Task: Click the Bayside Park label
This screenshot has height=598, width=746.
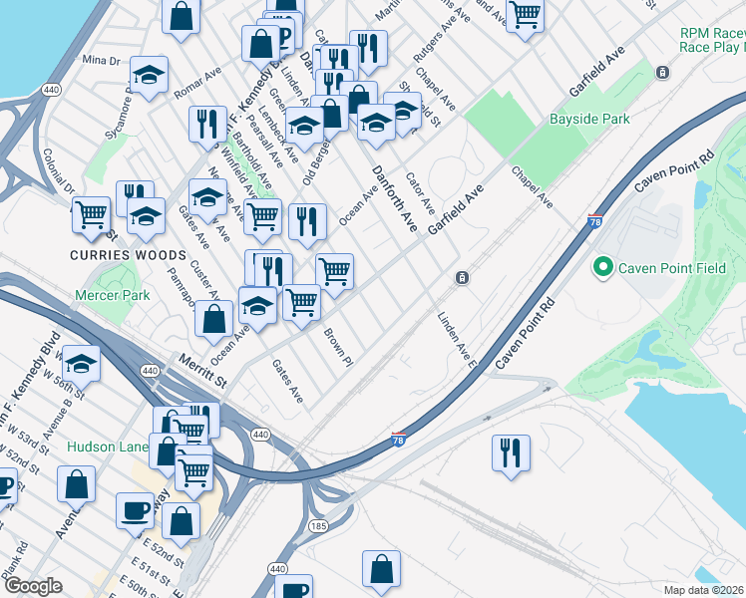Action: tap(589, 119)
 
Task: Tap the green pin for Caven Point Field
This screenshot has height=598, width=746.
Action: tap(602, 267)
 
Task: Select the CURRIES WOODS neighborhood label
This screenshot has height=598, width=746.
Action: tap(110, 254)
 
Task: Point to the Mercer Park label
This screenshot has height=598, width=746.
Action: tap(113, 295)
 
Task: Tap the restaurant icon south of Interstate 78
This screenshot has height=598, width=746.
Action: tap(510, 451)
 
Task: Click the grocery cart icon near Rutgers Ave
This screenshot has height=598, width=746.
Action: tap(524, 14)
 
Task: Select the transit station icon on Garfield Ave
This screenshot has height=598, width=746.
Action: tap(662, 73)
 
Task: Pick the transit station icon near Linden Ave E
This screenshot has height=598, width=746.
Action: tap(462, 277)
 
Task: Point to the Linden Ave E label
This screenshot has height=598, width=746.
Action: tap(457, 340)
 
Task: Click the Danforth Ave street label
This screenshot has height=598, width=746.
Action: tap(394, 198)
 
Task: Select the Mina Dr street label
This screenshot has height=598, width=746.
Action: tap(101, 60)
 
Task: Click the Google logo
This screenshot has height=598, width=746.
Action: tap(33, 586)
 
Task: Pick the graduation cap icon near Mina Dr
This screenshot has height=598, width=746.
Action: tap(149, 75)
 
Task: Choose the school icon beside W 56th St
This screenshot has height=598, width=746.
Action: tap(82, 364)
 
